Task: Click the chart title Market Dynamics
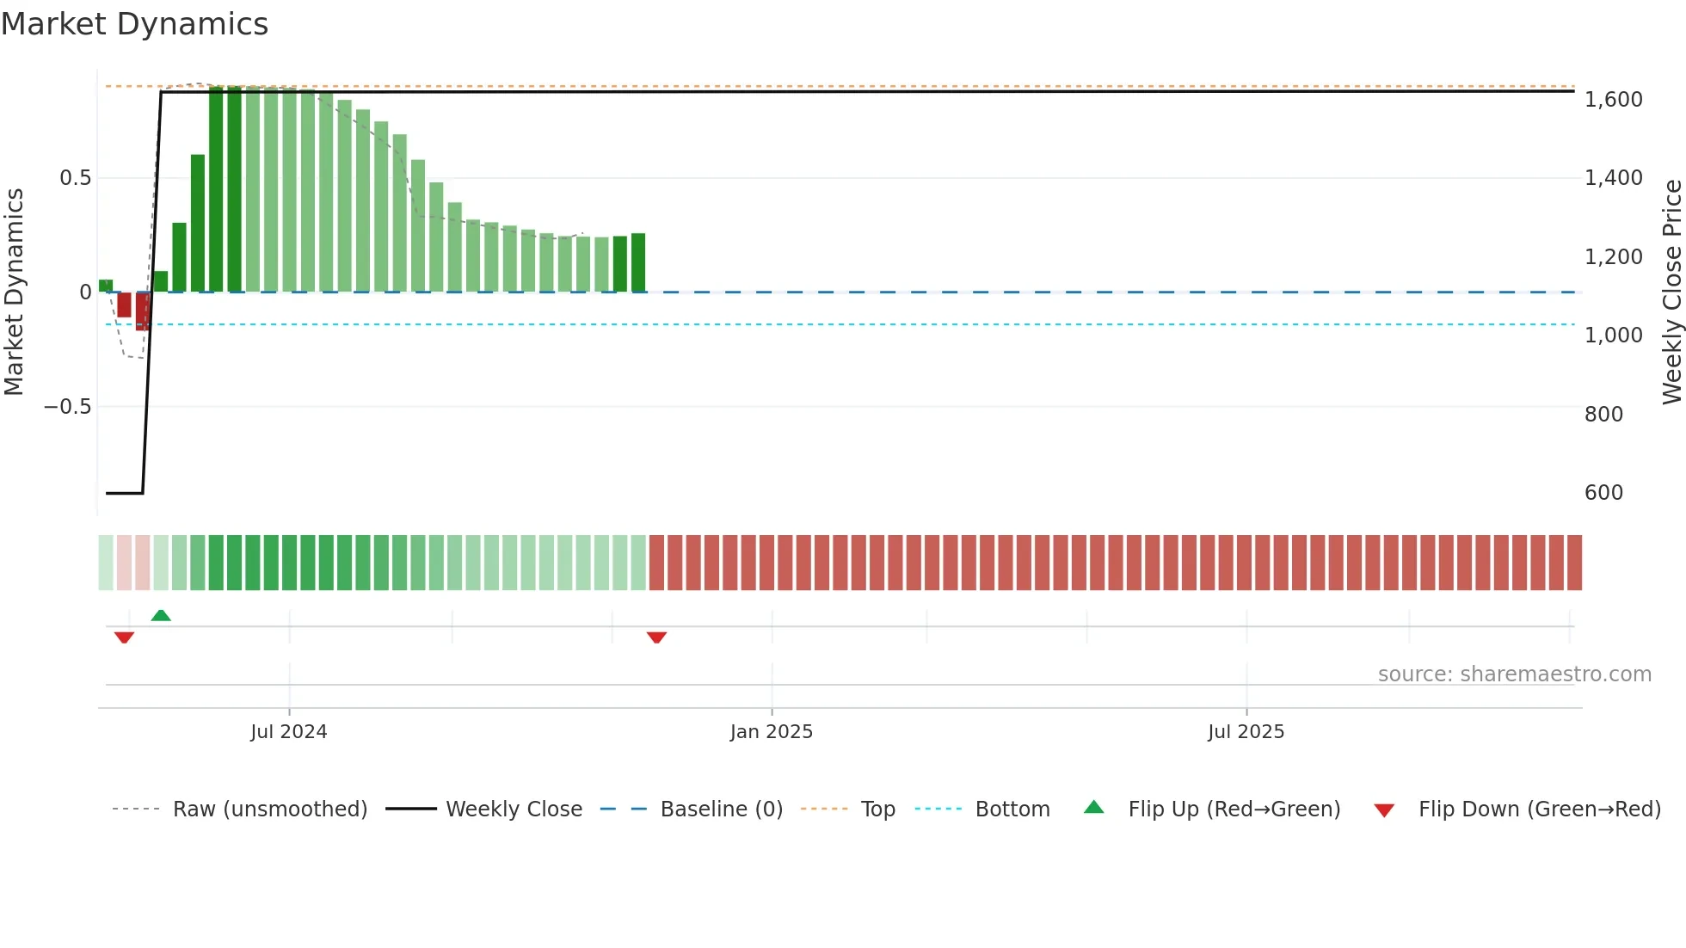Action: (134, 24)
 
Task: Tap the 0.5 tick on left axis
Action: (75, 178)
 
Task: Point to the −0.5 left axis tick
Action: (68, 407)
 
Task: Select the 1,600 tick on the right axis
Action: (1613, 100)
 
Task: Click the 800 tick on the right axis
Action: (1603, 415)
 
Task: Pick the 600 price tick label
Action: (1603, 493)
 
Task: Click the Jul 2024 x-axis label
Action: (289, 732)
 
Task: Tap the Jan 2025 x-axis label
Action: (772, 732)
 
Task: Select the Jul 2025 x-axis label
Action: (1246, 732)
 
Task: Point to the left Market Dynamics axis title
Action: (15, 292)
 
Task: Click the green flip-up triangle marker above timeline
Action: (161, 615)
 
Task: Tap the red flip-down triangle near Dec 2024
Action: (656, 637)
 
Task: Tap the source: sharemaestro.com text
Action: (1514, 674)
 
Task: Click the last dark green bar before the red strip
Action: (638, 263)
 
